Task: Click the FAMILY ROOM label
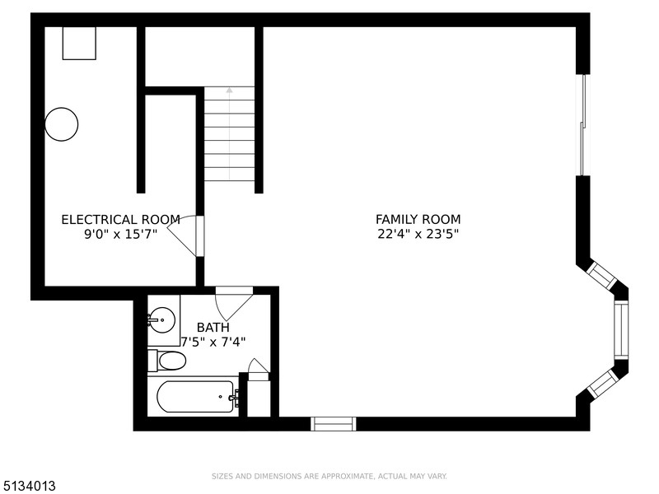coord(418,219)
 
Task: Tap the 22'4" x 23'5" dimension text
coord(418,234)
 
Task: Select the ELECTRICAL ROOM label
coord(120,220)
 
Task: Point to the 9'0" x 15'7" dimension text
coord(120,234)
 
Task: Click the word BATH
coord(213,327)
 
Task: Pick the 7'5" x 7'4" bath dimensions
coord(213,342)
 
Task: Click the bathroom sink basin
coord(161,320)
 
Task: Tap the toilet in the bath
coord(167,361)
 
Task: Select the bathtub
coord(196,397)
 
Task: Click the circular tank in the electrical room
coord(61,124)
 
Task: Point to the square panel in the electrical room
coord(79,44)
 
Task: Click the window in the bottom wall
coord(334,424)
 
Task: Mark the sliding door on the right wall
coord(583,125)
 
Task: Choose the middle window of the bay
coord(621,330)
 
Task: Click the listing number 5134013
coord(28,487)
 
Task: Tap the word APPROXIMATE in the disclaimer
coord(347,477)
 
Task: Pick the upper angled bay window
coord(601,275)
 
